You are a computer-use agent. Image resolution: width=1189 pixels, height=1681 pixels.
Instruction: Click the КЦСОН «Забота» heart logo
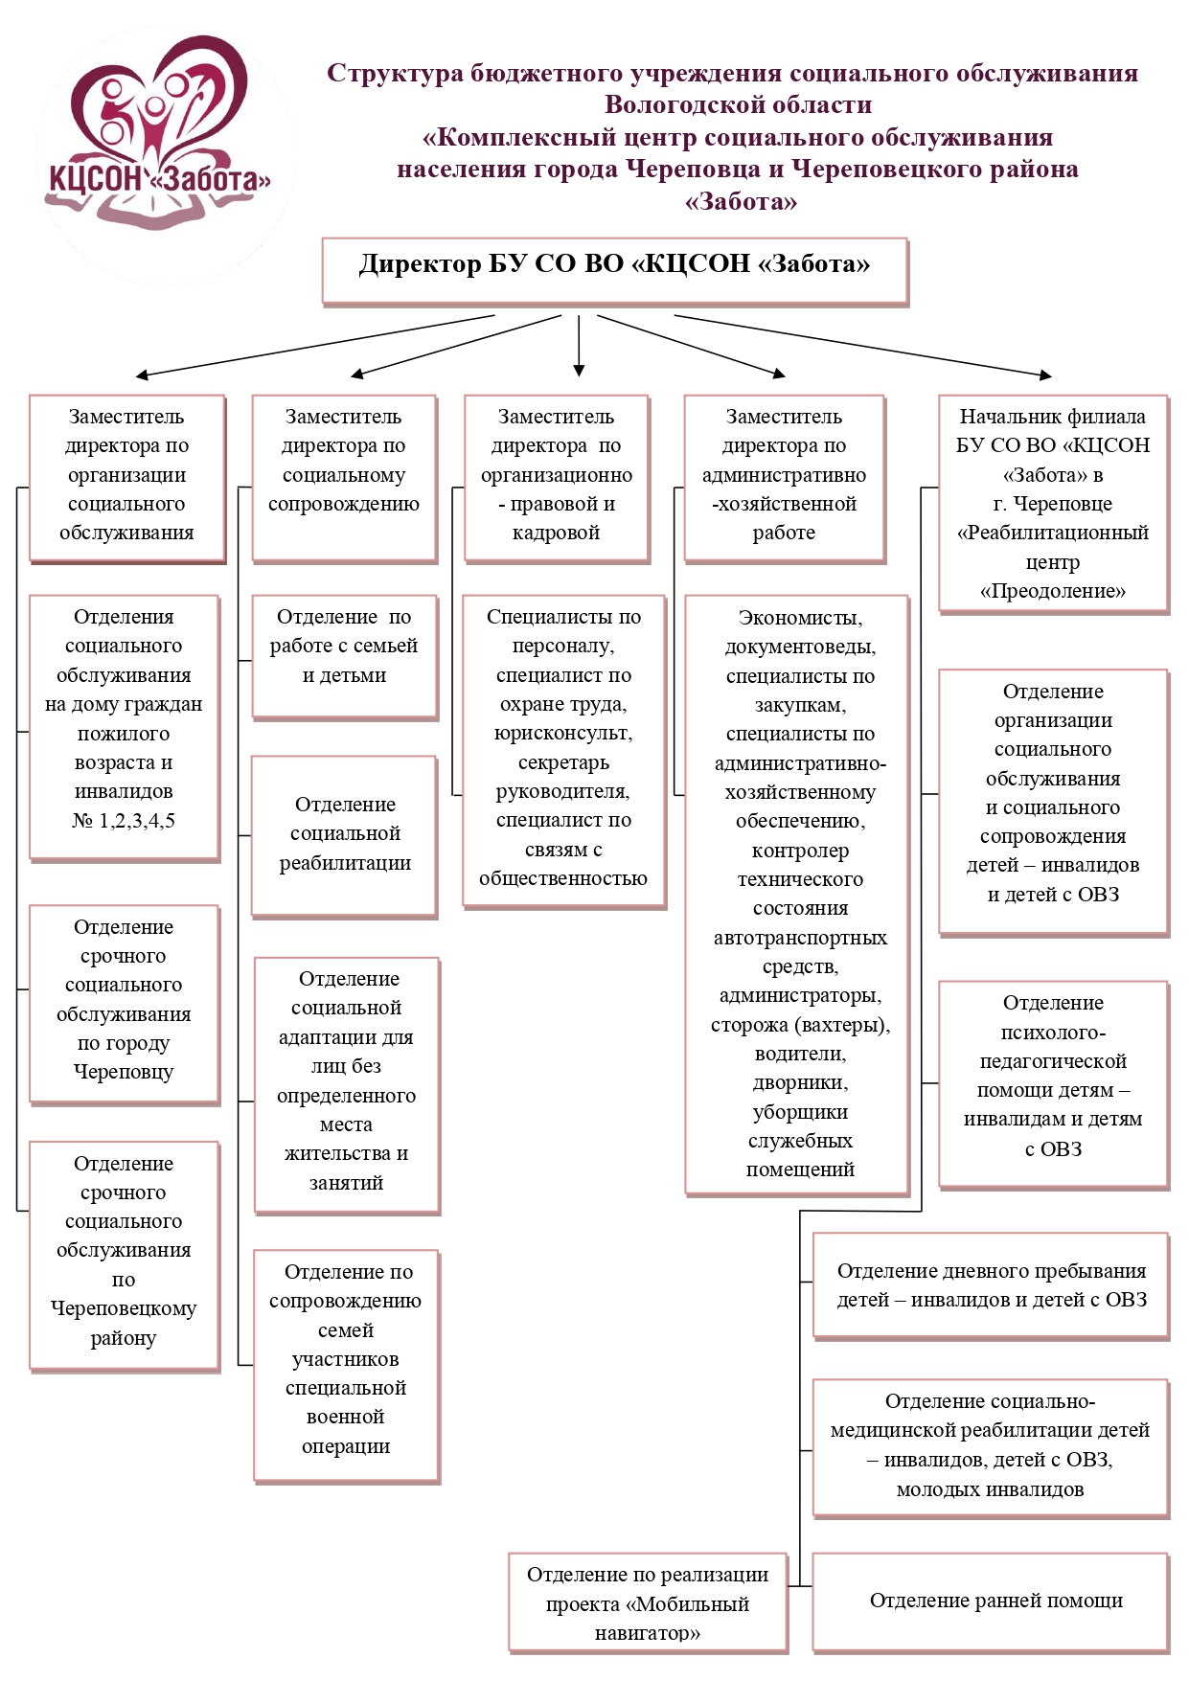coord(159,134)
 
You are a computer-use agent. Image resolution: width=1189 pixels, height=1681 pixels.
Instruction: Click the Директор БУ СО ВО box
coord(614,271)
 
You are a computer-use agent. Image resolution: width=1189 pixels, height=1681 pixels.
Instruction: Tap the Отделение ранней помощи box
coord(991,1601)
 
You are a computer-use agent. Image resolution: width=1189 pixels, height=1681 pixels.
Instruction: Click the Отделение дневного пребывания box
coord(991,1285)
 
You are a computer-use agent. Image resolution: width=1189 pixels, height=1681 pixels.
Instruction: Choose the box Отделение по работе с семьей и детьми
coord(344,656)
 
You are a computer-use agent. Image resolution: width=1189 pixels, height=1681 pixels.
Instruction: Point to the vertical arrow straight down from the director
coord(579,345)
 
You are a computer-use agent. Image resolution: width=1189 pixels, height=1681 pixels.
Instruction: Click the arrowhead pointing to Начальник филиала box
coord(1045,375)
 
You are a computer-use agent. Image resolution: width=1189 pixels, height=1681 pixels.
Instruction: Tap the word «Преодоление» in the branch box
coord(1052,591)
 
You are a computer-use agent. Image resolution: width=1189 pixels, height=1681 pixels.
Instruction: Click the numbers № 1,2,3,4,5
coord(124,821)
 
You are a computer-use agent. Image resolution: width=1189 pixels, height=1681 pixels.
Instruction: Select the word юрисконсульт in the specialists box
coord(562,734)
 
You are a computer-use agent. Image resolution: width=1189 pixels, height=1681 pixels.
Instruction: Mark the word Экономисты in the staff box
coord(800,618)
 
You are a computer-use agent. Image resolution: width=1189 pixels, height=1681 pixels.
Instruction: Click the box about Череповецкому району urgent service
coord(124,1254)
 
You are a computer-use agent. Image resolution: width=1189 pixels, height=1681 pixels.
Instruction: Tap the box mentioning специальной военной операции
coord(346,1364)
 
